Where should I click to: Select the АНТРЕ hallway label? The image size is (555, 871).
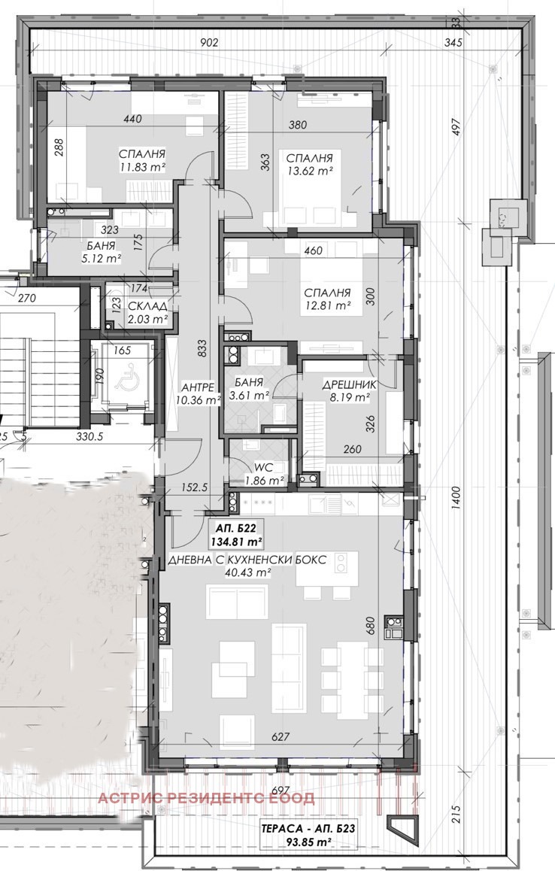pos(197,387)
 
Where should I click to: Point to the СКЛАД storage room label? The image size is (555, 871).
pos(147,307)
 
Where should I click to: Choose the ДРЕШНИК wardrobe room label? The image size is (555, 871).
pos(350,384)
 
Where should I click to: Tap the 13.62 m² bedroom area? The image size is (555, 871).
pos(309,171)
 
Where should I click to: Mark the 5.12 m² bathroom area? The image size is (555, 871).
pos(101,258)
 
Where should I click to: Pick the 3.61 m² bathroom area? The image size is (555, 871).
pos(249,396)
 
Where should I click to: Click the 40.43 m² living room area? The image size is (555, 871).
pos(247,572)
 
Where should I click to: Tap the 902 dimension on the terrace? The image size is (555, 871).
pos(209,42)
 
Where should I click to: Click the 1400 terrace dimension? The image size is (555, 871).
pos(455,498)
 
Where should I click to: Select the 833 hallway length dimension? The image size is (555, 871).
pos(202,348)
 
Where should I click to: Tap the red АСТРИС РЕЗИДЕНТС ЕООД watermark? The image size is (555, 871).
pos(206,798)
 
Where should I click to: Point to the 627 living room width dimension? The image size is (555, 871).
pos(281,736)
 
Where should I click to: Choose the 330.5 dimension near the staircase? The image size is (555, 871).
pos(89,436)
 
